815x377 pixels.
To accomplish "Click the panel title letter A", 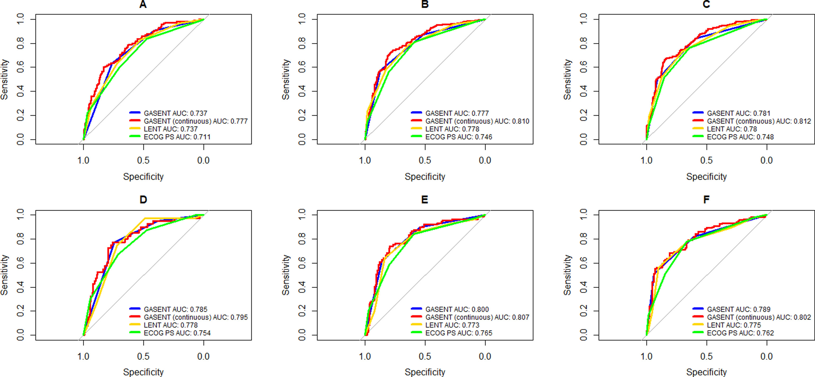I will (143, 4).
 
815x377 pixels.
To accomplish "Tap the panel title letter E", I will (425, 200).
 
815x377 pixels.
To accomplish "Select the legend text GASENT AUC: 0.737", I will (175, 113).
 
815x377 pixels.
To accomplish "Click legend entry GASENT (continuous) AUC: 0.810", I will (477, 121).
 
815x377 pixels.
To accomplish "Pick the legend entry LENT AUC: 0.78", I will (732, 129).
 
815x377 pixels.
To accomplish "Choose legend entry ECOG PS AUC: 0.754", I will (177, 333).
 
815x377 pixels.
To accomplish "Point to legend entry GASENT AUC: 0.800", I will (457, 309).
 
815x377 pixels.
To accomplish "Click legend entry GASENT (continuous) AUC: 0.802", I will (759, 317).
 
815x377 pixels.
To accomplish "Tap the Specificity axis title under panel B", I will (425, 177).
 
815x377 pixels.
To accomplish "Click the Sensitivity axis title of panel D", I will (4, 275).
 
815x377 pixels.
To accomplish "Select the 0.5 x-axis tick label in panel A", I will (143, 160).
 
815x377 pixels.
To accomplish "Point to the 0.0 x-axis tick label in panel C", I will (767, 160).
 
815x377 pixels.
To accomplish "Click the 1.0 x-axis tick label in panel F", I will (646, 356).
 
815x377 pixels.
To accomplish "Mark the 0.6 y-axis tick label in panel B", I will (302, 67).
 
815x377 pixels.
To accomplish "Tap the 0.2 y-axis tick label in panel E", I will (302, 311).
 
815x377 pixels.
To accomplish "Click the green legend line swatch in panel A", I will (135, 136).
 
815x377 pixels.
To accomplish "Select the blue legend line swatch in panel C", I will (698, 113).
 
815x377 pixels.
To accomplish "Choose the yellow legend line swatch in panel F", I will (698, 324).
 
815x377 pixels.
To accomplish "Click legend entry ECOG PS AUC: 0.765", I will (459, 333).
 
